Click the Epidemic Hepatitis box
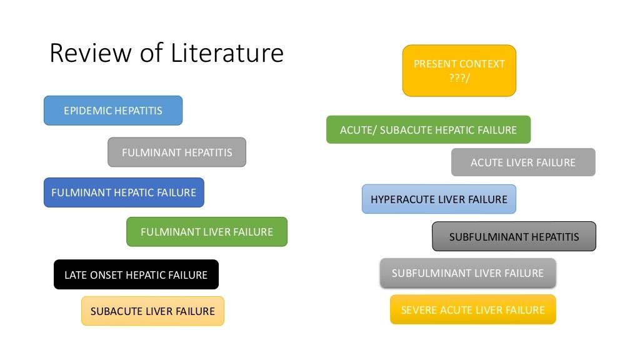point(113,111)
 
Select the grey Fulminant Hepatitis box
point(177,152)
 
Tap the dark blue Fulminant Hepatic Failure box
point(124,192)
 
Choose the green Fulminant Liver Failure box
point(207,232)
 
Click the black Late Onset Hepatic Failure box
point(136,274)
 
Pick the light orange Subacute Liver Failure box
point(152,311)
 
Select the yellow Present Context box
point(459,71)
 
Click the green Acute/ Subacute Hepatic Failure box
point(428,130)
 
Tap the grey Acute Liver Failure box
point(523,162)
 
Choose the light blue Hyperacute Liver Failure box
point(439,199)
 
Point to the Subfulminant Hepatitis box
point(514,237)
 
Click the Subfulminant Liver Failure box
point(467,273)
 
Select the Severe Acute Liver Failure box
point(472,310)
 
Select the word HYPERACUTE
point(401,199)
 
